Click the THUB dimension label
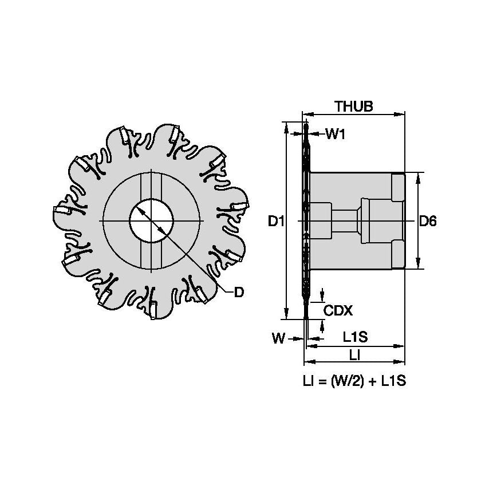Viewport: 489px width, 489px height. coord(354,107)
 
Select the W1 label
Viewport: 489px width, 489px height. coord(336,135)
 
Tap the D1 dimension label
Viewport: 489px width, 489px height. coord(277,221)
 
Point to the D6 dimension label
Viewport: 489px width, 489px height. coord(428,221)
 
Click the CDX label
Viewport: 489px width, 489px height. coord(338,310)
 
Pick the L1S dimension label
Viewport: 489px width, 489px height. coord(355,338)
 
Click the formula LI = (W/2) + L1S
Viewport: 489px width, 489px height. coord(354,381)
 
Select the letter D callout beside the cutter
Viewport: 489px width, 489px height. coord(239,292)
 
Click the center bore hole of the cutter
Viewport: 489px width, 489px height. coord(151,220)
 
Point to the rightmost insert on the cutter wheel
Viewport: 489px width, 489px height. coord(241,207)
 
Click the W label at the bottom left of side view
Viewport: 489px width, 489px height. coord(278,338)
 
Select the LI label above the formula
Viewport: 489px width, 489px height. coord(354,355)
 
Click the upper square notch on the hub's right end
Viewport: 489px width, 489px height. coord(398,186)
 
